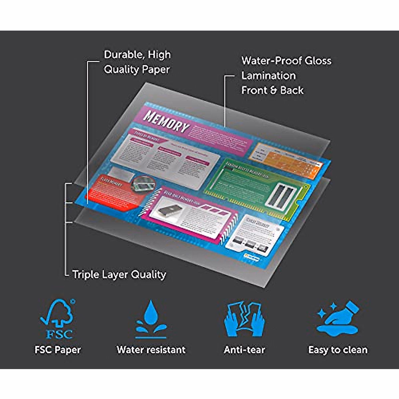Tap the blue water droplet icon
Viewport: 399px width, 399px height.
coord(151,319)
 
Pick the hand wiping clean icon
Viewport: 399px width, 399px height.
coord(337,318)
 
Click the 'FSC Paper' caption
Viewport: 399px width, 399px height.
coord(58,349)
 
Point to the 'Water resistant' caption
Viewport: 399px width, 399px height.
coord(151,349)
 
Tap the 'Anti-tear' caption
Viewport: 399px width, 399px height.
coord(244,349)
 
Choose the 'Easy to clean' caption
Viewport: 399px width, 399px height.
coord(338,350)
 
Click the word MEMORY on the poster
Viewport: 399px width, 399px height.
coord(166,122)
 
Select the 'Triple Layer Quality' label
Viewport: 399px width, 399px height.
coord(119,274)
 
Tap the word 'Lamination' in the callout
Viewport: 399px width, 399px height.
coord(268,75)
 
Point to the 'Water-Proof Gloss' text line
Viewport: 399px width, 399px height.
coord(286,61)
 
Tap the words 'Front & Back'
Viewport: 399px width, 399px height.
coord(272,90)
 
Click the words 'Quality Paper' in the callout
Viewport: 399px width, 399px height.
coord(137,69)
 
